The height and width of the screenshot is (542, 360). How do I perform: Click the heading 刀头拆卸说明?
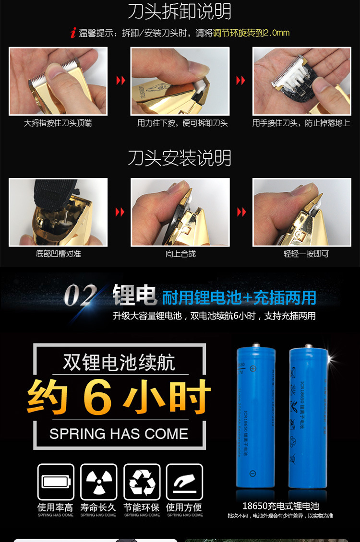tap(180, 12)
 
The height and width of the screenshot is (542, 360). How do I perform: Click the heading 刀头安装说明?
tap(180, 158)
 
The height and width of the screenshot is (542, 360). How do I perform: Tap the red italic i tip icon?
tap(73, 33)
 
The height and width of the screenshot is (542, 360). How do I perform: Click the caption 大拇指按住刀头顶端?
tap(58, 123)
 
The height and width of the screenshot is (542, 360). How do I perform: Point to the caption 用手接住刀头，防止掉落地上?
tap(301, 123)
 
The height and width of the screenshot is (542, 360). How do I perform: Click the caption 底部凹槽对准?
tap(58, 253)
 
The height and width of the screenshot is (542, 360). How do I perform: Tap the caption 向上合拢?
tap(180, 253)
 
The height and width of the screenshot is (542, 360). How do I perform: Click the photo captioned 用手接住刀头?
tap(302, 81)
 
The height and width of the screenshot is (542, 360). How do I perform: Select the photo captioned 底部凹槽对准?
tap(58, 212)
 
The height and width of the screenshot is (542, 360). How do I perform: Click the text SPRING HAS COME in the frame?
tap(119, 434)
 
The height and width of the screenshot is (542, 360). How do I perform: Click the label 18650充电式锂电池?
tap(280, 506)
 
